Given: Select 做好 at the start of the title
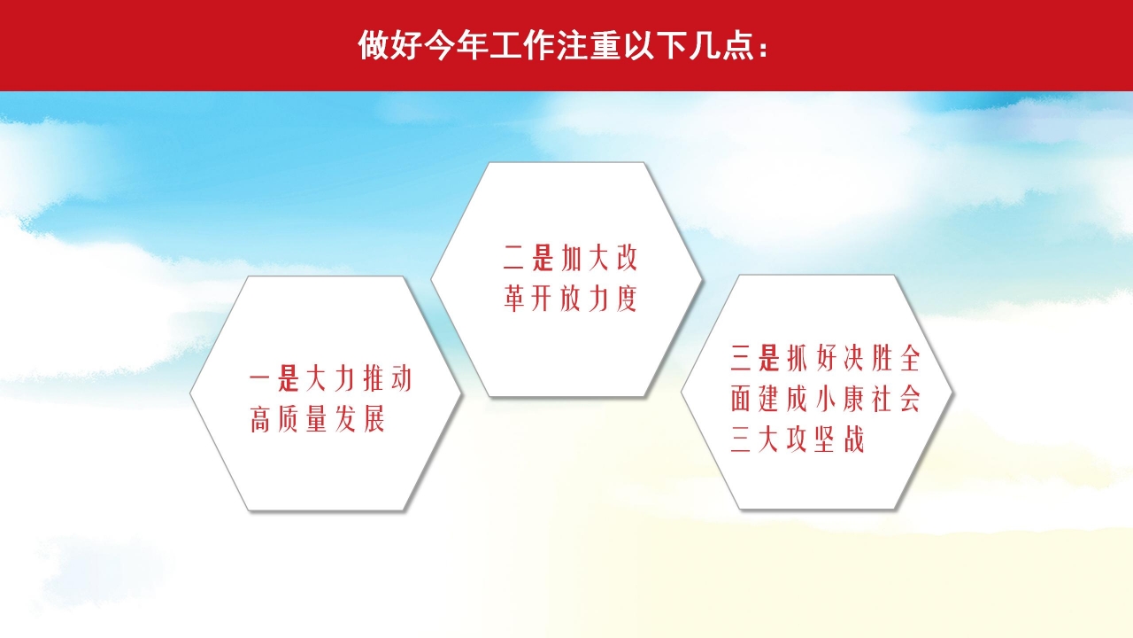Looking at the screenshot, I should coord(390,46).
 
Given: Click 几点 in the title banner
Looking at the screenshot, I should coord(719,46).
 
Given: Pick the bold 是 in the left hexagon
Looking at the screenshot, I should coord(289,379).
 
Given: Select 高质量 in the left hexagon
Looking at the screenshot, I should coord(289,419).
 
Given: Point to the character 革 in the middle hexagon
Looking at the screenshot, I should coord(514,299).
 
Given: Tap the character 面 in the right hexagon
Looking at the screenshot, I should coord(741,400).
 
